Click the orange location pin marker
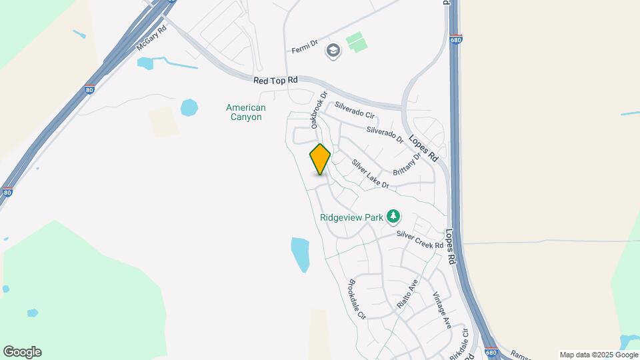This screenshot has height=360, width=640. (x=320, y=159)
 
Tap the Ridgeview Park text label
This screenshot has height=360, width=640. (x=351, y=217)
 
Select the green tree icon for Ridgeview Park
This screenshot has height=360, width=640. (x=395, y=215)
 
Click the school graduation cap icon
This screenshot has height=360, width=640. (x=332, y=50)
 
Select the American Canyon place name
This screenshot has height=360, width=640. (x=245, y=112)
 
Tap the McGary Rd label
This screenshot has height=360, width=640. (x=150, y=44)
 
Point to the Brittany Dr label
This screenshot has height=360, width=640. (x=407, y=163)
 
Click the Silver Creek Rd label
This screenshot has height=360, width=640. (x=420, y=240)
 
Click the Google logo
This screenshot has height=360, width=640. (x=22, y=352)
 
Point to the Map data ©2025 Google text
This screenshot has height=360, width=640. (x=599, y=355)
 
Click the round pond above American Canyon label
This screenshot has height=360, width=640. (x=189, y=107)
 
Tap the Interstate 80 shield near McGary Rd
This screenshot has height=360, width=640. (x=90, y=89)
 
